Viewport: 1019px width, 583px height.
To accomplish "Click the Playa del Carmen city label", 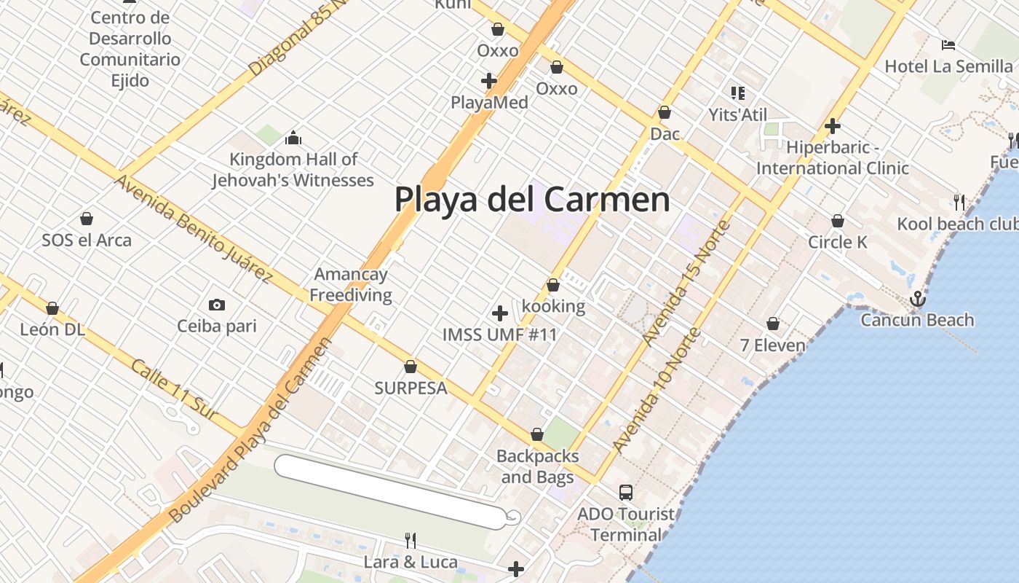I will (532, 199).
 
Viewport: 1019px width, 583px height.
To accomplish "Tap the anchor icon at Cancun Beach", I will (918, 299).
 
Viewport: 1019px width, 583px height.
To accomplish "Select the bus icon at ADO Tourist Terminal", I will (626, 493).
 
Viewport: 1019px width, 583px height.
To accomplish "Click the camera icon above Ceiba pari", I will (216, 305).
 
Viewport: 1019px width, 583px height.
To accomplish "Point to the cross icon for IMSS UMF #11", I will (500, 313).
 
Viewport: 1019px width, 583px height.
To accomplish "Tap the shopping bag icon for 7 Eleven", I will (773, 324).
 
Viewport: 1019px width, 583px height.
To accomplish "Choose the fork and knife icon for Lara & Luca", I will (411, 540).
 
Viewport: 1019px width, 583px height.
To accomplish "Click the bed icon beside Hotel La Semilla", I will (948, 45).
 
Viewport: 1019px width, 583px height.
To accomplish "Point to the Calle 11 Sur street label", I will (174, 389).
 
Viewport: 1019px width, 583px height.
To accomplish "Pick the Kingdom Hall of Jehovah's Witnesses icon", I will (293, 137).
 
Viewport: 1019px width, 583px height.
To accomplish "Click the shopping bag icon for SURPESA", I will (411, 367).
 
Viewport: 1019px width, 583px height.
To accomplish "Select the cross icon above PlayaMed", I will (489, 80).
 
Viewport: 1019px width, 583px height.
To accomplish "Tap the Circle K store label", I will (838, 242).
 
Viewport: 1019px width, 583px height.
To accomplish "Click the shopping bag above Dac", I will (664, 113).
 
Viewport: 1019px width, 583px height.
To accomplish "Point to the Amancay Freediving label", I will (351, 285).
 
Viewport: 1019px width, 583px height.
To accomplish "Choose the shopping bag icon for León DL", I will (52, 308).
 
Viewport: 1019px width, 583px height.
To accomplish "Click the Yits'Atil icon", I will (737, 93).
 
